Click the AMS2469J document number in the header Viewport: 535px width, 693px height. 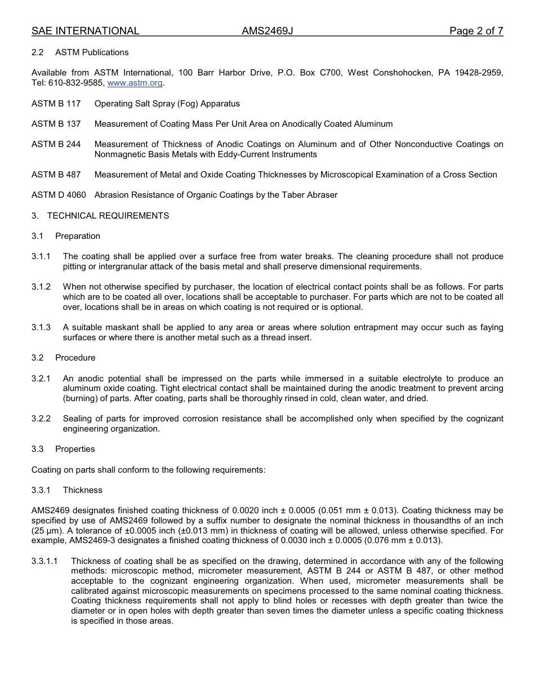coord(267,31)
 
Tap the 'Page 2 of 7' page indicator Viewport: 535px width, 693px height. coord(476,31)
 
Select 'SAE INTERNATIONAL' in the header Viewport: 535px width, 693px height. coord(85,31)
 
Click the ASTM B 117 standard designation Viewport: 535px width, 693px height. coord(56,104)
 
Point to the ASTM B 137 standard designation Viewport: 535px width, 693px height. coord(56,124)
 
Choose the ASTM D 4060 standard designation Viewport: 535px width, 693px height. coord(59,195)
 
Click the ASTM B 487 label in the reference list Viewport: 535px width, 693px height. coord(56,175)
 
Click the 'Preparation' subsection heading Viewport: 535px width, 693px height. coord(78,236)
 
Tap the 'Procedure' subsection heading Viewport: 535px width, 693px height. coord(75,358)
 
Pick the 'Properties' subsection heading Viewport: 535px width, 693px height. coord(75,449)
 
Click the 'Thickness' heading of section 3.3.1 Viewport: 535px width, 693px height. coord(82,490)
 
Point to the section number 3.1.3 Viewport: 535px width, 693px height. coord(41,327)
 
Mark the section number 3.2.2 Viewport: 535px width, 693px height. coord(41,419)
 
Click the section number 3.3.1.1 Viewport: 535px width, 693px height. coord(44,561)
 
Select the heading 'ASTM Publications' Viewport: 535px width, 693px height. coord(92,52)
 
